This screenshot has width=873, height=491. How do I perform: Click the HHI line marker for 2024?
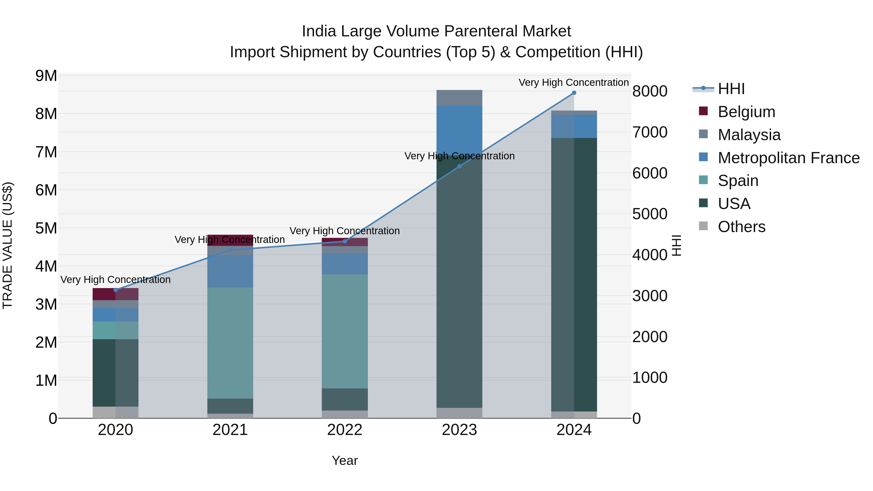pyautogui.click(x=574, y=93)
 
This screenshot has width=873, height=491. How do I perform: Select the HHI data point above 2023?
pyautogui.click(x=459, y=166)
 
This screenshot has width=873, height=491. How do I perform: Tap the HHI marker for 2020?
pyautogui.click(x=116, y=290)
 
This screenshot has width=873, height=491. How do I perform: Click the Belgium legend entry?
pyautogui.click(x=746, y=112)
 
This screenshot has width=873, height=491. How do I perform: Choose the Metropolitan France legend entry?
pyautogui.click(x=788, y=158)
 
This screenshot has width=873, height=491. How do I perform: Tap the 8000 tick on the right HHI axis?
pyautogui.click(x=650, y=91)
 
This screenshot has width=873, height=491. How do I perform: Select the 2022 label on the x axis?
pyautogui.click(x=345, y=430)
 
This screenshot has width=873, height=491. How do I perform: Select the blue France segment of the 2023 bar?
pyautogui.click(x=459, y=129)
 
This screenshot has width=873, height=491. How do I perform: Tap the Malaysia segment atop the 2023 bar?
pyautogui.click(x=459, y=98)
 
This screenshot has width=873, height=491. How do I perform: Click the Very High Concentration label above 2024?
pyautogui.click(x=574, y=82)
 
